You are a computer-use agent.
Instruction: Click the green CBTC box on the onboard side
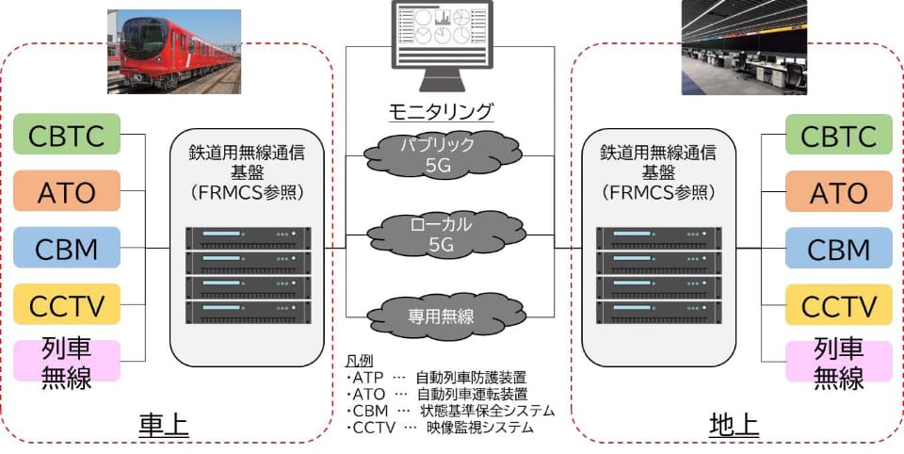pyautogui.click(x=67, y=134)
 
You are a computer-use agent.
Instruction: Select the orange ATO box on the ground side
pyautogui.click(x=839, y=191)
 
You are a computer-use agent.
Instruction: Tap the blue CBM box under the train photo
pyautogui.click(x=67, y=248)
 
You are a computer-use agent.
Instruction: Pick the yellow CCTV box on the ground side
pyautogui.click(x=839, y=304)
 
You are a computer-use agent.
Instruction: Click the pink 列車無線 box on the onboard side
pyautogui.click(x=67, y=361)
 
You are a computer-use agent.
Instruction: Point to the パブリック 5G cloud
pyautogui.click(x=443, y=154)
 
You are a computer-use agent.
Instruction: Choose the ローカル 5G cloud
pyautogui.click(x=446, y=233)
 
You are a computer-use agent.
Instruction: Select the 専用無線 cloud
pyautogui.click(x=446, y=316)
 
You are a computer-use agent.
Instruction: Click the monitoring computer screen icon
pyautogui.click(x=443, y=45)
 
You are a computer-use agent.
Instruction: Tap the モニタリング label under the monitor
pyautogui.click(x=442, y=109)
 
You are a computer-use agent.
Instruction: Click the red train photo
pyautogui.click(x=174, y=52)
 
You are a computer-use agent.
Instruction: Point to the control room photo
pyautogui.click(x=744, y=47)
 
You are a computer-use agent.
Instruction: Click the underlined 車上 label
pyautogui.click(x=164, y=426)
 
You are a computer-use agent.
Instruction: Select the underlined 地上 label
pyautogui.click(x=734, y=426)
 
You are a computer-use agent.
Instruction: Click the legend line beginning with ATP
pyautogui.click(x=436, y=378)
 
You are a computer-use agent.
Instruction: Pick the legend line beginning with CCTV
pyautogui.click(x=440, y=428)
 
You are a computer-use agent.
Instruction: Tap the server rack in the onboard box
pyautogui.click(x=248, y=276)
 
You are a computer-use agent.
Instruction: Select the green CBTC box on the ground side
pyautogui.click(x=839, y=135)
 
